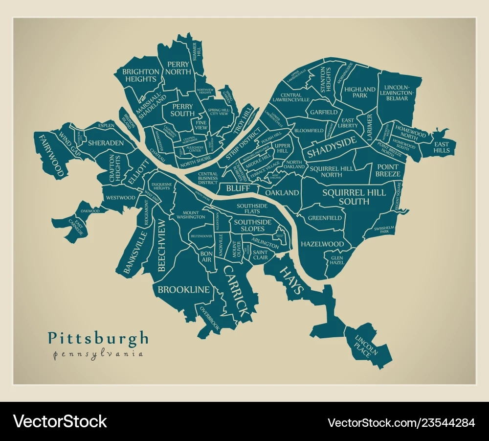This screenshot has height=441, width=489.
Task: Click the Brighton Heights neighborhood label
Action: [x=141, y=75]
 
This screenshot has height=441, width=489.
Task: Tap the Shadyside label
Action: [x=331, y=146]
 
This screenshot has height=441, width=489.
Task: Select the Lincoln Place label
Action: [x=366, y=345]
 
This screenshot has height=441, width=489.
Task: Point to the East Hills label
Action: [x=442, y=147]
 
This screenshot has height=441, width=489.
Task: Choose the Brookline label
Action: [x=183, y=290]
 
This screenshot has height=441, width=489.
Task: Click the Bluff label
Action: [x=238, y=188]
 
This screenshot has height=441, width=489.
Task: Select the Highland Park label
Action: [x=359, y=93]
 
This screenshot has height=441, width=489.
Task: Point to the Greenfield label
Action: [x=325, y=218]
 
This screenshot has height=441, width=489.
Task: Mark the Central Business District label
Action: [x=208, y=178]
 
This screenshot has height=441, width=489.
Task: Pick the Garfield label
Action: [x=323, y=112]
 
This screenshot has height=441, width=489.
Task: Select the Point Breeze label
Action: [x=388, y=170]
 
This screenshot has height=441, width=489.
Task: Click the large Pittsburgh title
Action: [x=98, y=338]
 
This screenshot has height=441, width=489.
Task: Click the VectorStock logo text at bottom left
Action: [x=60, y=421]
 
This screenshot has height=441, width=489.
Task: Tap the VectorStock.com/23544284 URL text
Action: [x=401, y=422]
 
